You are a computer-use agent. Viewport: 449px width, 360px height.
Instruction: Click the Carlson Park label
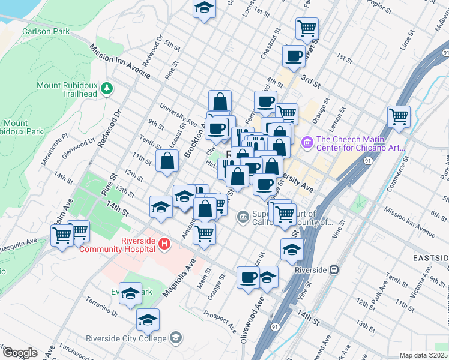click(x=43, y=31)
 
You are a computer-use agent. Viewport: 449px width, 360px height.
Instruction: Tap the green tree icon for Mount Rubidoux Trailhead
click(x=107, y=89)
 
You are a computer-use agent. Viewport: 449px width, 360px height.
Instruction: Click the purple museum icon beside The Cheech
click(x=307, y=142)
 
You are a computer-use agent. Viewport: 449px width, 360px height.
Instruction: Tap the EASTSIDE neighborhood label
click(x=431, y=257)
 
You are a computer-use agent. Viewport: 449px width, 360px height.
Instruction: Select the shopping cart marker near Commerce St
click(x=399, y=116)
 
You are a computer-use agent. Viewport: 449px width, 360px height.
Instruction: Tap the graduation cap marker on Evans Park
click(x=130, y=293)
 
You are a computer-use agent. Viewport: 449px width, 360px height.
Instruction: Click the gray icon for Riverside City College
click(x=175, y=338)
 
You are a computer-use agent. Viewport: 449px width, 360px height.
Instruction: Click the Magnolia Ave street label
click(x=180, y=277)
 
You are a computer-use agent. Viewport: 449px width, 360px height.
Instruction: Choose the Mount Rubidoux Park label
click(x=20, y=127)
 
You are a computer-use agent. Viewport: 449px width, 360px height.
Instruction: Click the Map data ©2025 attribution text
click(x=423, y=355)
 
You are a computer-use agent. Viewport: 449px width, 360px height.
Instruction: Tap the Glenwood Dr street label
click(x=79, y=148)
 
